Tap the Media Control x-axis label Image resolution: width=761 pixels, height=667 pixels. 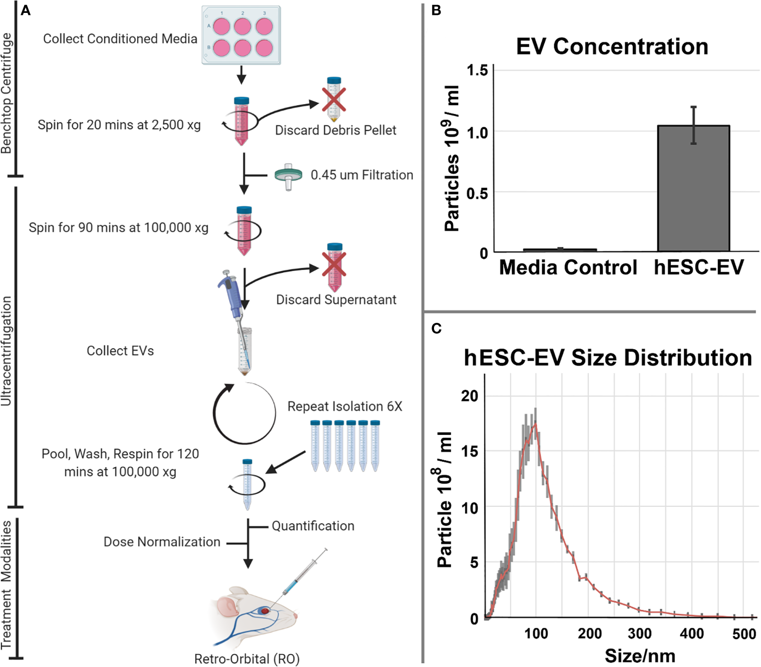pyautogui.click(x=568, y=267)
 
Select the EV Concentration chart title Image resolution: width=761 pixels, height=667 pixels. pyautogui.click(x=612, y=47)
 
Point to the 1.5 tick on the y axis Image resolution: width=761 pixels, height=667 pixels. pyautogui.click(x=477, y=70)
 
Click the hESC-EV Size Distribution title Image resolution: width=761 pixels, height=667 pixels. pyautogui.click(x=607, y=358)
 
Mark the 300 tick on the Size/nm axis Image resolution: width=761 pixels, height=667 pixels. pyautogui.click(x=640, y=633)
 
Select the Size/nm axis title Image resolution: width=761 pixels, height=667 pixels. pyautogui.click(x=640, y=656)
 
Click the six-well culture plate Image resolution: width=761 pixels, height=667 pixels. pyautogui.click(x=241, y=35)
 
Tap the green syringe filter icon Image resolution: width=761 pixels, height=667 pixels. pyautogui.click(x=288, y=176)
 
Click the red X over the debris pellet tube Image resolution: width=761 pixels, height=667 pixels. pyautogui.click(x=334, y=100)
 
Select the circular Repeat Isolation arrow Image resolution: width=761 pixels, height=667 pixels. pyautogui.click(x=244, y=413)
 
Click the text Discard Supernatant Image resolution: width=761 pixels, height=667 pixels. pyautogui.click(x=336, y=300)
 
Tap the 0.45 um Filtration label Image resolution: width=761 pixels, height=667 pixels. pyautogui.click(x=362, y=175)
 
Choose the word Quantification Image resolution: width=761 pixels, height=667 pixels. pyautogui.click(x=313, y=526)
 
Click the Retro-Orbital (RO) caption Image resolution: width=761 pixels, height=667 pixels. pyautogui.click(x=247, y=659)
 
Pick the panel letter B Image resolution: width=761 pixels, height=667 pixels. pyautogui.click(x=436, y=10)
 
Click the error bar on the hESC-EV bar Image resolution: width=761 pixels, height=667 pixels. pyautogui.click(x=694, y=125)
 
